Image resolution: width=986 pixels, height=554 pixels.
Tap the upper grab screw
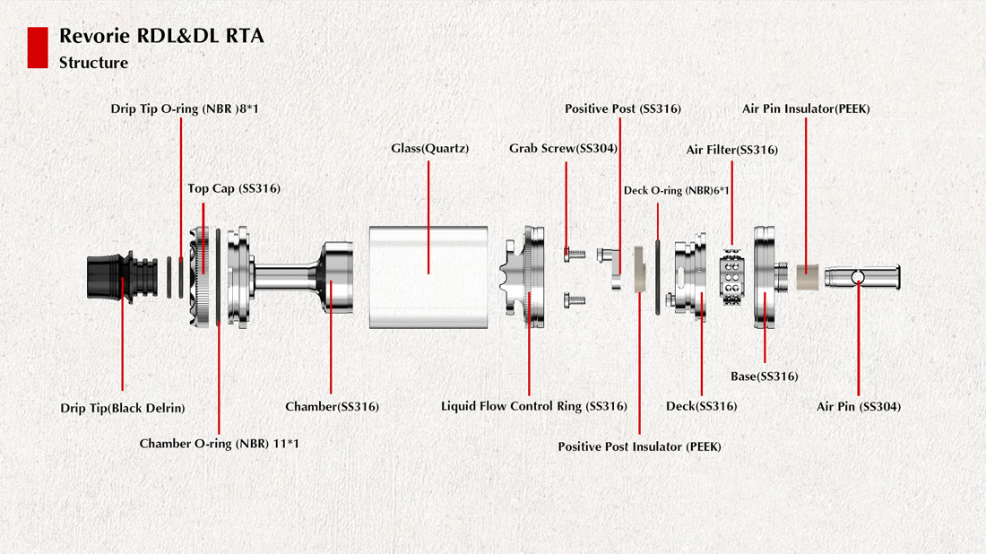tap(574, 255)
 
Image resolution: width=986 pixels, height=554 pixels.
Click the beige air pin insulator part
tap(807, 278)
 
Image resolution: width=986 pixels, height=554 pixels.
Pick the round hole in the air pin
tap(860, 277)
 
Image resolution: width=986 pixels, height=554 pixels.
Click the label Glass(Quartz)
tap(430, 148)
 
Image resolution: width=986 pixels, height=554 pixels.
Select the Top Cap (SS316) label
tap(234, 189)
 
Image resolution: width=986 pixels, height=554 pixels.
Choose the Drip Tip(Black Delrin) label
tap(123, 408)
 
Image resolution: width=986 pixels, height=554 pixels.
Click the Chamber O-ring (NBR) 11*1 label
tap(219, 444)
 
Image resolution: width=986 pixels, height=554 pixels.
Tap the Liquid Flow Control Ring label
tap(533, 406)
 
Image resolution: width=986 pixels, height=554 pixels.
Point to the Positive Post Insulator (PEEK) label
tap(639, 446)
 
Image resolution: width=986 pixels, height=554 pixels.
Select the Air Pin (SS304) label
tap(858, 406)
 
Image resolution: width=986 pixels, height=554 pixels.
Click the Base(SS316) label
tap(764, 377)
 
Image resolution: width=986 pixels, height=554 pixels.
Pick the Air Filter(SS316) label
tap(731, 150)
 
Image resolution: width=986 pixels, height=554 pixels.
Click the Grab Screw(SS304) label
tap(563, 148)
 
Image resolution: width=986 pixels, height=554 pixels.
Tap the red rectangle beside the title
tap(38, 48)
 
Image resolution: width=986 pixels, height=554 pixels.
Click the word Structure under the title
tap(93, 63)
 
